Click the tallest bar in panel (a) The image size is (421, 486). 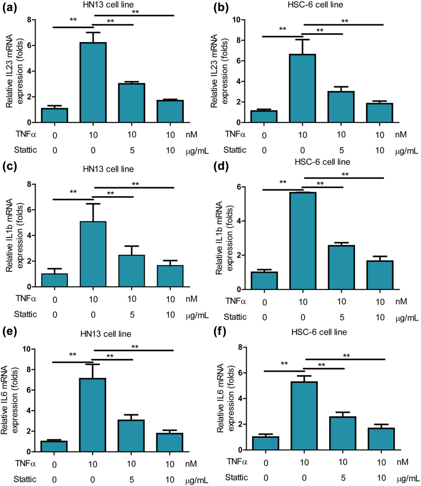(93, 83)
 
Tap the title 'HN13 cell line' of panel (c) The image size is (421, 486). (108, 169)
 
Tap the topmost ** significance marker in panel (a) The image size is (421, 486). (136, 12)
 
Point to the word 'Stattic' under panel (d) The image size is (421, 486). (235, 317)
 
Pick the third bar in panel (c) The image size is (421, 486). (132, 271)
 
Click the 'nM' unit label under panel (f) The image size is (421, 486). (402, 462)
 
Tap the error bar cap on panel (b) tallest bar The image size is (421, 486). (303, 40)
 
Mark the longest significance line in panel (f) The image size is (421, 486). (345, 359)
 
